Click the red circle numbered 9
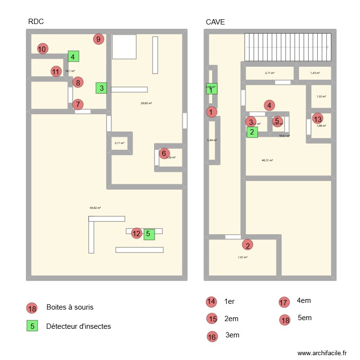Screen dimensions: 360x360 [x=98, y=39]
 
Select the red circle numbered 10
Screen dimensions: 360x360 [x=42, y=48]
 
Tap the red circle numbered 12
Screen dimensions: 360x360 [x=137, y=233]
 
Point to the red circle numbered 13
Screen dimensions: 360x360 [x=317, y=119]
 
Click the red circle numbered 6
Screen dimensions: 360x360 [x=164, y=153]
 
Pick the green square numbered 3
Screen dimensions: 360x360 [x=101, y=88]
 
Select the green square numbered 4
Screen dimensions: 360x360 [x=73, y=57]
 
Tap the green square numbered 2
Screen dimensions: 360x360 [x=252, y=132]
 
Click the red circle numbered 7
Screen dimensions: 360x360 [x=78, y=104]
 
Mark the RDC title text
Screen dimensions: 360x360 [x=36, y=22]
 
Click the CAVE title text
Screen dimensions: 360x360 [x=215, y=22]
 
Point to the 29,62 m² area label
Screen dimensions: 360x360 [x=146, y=103]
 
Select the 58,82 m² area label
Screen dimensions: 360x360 [x=95, y=208]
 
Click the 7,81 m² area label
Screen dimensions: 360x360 [x=242, y=257]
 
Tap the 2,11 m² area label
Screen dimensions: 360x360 [x=269, y=73]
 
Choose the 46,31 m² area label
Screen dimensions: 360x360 [x=267, y=160]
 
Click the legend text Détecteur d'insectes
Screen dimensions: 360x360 [x=78, y=326]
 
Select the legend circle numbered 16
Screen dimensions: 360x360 [x=212, y=337]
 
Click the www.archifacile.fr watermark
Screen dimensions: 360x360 [x=322, y=353]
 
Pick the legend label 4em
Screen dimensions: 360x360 [x=304, y=300]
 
